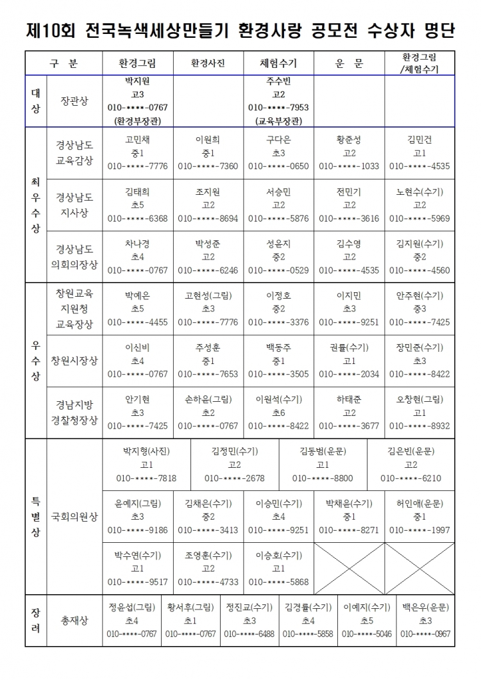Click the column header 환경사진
(x=208, y=63)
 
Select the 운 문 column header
(x=349, y=63)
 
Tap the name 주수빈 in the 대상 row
(x=278, y=81)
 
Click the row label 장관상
(x=74, y=101)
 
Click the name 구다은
(x=278, y=140)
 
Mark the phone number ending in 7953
(x=278, y=107)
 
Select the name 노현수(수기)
(x=419, y=192)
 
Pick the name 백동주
(x=278, y=348)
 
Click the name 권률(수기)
(x=349, y=348)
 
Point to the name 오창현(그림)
(x=419, y=399)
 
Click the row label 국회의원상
(x=74, y=517)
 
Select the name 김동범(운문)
(x=323, y=451)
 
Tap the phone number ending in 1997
(x=419, y=530)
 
